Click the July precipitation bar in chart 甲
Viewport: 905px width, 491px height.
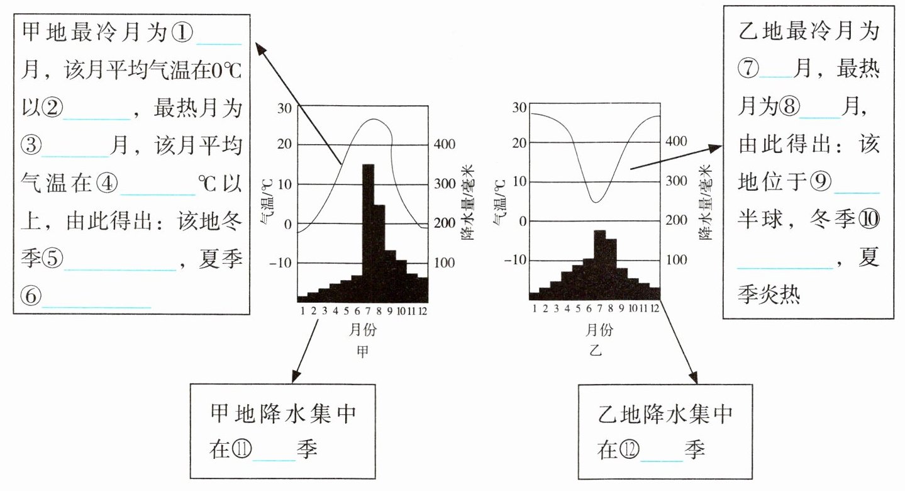click(368, 233)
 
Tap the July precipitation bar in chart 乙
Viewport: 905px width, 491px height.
click(599, 264)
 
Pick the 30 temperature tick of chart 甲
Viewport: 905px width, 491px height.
click(284, 107)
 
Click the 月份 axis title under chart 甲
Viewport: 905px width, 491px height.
click(362, 329)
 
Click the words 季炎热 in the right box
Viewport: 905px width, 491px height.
click(769, 295)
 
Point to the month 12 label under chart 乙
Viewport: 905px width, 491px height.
click(654, 308)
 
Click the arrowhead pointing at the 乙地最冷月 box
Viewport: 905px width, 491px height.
click(716, 147)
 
